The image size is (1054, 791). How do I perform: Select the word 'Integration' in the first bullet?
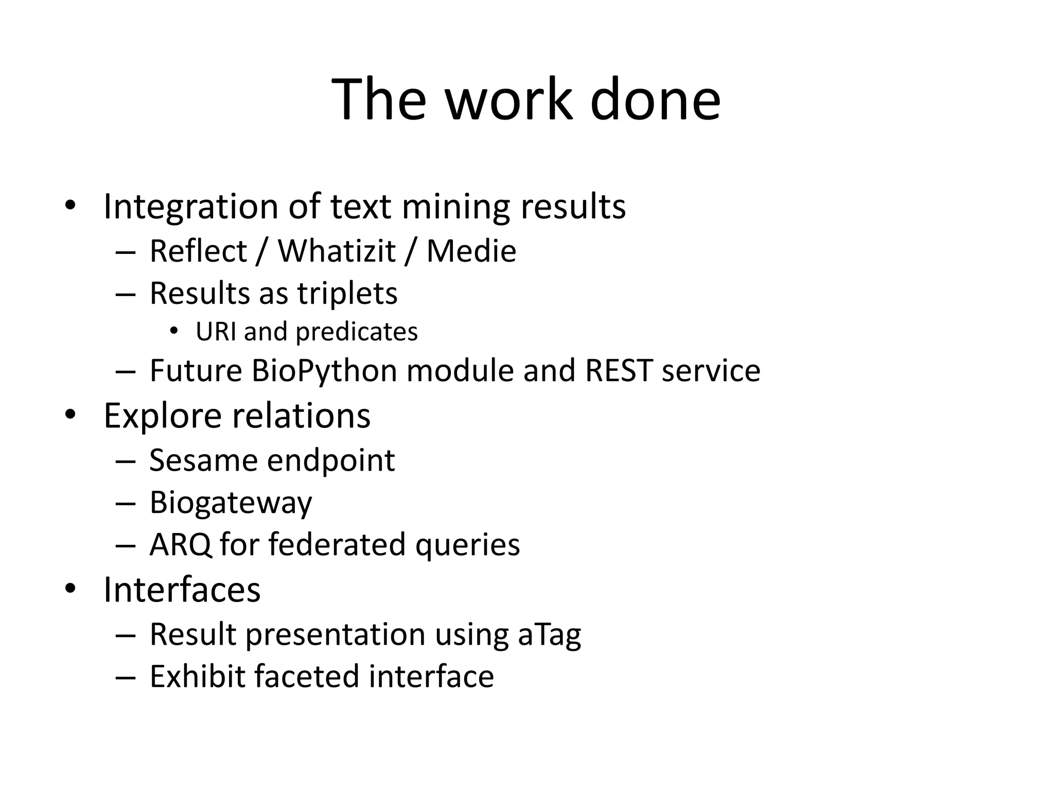[191, 207]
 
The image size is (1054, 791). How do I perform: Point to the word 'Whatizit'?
[337, 251]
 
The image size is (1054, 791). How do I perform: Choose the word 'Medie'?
[471, 251]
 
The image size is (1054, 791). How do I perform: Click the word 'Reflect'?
[198, 251]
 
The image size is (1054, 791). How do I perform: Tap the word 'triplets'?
[347, 294]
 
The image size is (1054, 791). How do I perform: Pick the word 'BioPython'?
[324, 371]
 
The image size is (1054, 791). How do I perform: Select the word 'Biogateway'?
[231, 503]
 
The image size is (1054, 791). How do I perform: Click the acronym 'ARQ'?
[180, 545]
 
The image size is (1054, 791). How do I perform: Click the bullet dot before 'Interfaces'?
[70, 588]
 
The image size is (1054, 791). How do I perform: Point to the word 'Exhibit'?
[197, 677]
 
